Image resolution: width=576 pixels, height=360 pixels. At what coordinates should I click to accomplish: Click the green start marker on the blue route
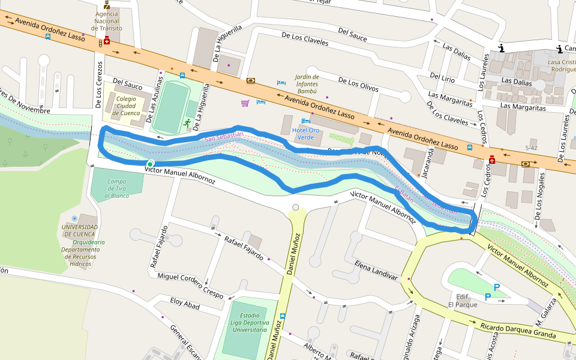point(150,164)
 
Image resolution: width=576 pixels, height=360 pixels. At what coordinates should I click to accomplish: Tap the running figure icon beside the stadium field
point(187,123)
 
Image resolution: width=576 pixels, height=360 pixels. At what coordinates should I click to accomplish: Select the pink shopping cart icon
point(245,103)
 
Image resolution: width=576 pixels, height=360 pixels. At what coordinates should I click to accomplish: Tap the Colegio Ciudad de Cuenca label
point(127,106)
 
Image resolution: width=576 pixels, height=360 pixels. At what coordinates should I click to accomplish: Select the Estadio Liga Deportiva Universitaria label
point(250,322)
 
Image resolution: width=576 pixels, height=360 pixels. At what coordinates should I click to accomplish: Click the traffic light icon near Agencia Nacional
point(100,43)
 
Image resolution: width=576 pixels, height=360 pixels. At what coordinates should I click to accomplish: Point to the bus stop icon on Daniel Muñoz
point(283,316)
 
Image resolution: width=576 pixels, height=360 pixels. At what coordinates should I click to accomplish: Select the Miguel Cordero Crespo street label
point(190,286)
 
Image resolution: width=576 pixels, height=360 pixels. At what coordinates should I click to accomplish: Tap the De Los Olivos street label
point(358,84)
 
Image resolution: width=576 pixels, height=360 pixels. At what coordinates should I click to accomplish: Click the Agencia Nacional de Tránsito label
point(107,20)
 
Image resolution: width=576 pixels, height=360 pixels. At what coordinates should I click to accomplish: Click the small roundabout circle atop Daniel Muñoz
point(295,208)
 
